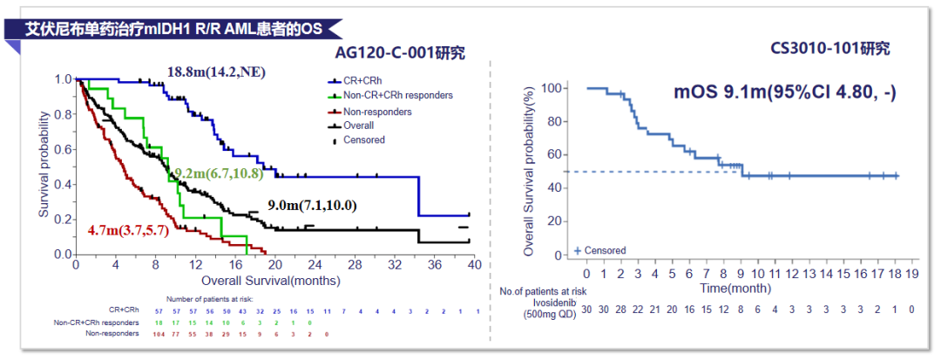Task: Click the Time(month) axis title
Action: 736,287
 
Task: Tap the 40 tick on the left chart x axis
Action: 472,265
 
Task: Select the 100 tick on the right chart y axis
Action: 549,88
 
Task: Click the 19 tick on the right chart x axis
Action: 912,271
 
